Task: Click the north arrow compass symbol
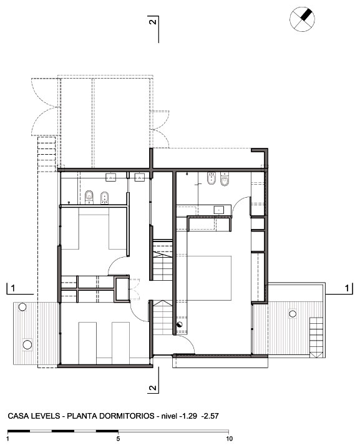click(x=302, y=19)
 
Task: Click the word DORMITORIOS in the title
click(x=127, y=416)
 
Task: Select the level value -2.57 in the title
click(x=210, y=416)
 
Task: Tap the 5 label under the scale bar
click(x=118, y=439)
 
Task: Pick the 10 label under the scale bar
click(x=229, y=439)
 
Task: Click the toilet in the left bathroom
click(x=89, y=197)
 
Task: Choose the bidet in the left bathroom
click(x=105, y=197)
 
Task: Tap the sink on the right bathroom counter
click(x=219, y=210)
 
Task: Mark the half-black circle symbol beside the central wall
click(x=180, y=324)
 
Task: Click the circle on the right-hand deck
click(x=292, y=314)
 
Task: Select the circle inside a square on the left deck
click(x=27, y=345)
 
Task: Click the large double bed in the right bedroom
click(x=209, y=278)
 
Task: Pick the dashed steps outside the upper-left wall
click(x=46, y=154)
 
